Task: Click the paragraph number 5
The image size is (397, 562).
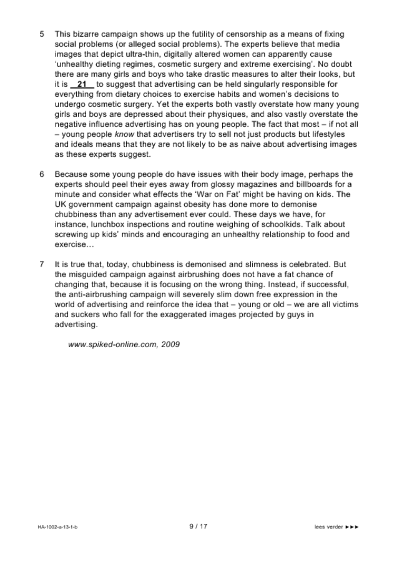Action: pos(41,33)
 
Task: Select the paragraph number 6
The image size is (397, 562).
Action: pos(41,174)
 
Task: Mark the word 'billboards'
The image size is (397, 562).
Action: pos(321,184)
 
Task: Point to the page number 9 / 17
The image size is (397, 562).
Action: pos(198,526)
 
